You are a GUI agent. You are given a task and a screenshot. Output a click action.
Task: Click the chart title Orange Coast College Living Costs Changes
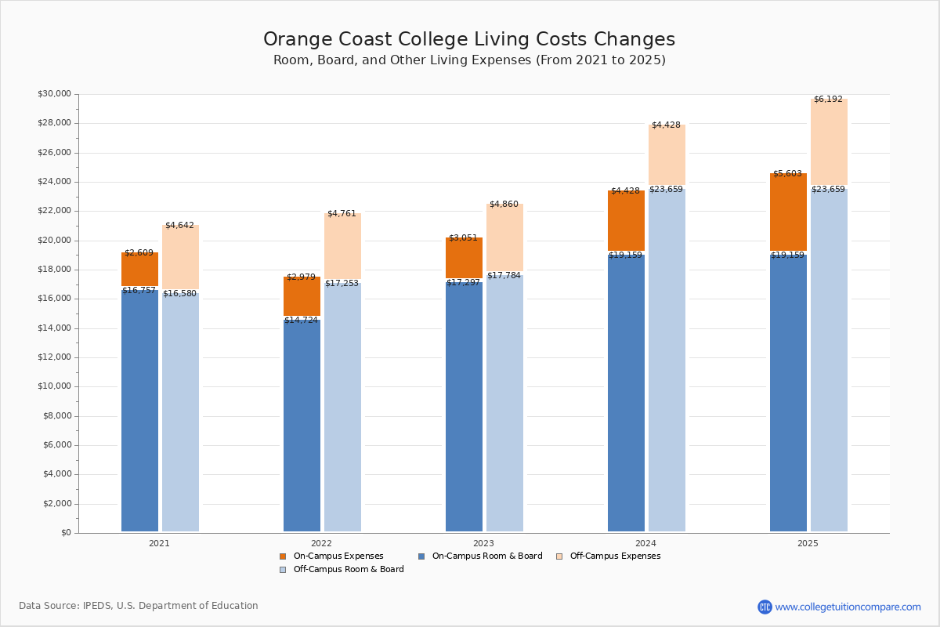pyautogui.click(x=468, y=40)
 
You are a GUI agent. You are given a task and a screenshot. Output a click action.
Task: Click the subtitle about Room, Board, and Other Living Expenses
pyautogui.click(x=469, y=60)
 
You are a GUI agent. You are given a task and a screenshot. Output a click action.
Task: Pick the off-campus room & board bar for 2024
pyautogui.click(x=667, y=361)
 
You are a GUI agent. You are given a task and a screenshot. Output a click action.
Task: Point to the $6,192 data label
pyautogui.click(x=828, y=100)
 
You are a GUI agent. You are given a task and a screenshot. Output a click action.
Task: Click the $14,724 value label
pyautogui.click(x=301, y=321)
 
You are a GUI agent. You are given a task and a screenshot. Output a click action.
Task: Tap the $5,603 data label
pyautogui.click(x=787, y=174)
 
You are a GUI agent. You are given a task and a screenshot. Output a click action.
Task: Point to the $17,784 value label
pyautogui.click(x=504, y=276)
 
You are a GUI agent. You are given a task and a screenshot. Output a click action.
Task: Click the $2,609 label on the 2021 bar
pyautogui.click(x=139, y=253)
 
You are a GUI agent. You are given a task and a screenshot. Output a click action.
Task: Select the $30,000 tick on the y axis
pyautogui.click(x=54, y=94)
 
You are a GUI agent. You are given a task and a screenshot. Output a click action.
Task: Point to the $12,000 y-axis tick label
pyautogui.click(x=54, y=357)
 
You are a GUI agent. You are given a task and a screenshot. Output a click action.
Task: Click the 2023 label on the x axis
pyautogui.click(x=483, y=543)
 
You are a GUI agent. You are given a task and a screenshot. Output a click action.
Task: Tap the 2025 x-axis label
pyautogui.click(x=808, y=543)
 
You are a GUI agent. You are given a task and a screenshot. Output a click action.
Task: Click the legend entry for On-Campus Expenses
pyautogui.click(x=338, y=556)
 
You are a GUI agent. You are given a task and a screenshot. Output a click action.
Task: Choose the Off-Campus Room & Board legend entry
pyautogui.click(x=348, y=570)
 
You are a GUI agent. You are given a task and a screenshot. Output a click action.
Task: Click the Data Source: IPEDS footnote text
pyautogui.click(x=139, y=606)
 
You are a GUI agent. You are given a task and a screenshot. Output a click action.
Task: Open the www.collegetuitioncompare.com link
pyautogui.click(x=848, y=607)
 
